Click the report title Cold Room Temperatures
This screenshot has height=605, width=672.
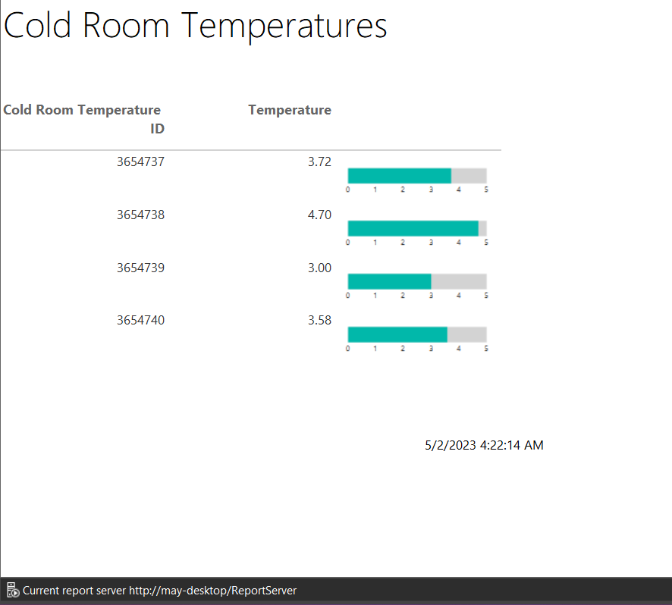pos(196,27)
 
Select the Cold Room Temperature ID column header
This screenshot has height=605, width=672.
pos(84,119)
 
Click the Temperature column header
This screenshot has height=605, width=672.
pos(290,110)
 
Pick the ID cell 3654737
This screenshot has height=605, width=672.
pos(140,162)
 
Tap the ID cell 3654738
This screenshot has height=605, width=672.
pos(140,215)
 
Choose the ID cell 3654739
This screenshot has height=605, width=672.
pos(140,268)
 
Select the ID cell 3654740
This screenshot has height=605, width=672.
pos(140,321)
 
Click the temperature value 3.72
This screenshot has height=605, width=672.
pos(320,162)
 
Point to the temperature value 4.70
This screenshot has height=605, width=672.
pos(320,215)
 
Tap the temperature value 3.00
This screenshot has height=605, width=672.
pos(320,268)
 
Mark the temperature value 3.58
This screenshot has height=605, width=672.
pos(320,321)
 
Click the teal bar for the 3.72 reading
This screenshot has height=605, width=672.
pos(400,176)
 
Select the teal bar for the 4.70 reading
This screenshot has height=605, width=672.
pos(413,228)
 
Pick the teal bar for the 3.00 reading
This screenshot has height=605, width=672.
pos(390,281)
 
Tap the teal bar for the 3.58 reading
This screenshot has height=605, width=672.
pos(397,334)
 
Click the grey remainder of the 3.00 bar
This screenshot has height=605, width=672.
pos(459,281)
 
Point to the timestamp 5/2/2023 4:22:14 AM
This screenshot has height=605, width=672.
pos(484,446)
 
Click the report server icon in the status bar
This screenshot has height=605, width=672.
pos(12,590)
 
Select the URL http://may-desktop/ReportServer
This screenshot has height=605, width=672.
pos(212,591)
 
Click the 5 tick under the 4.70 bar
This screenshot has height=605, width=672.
pos(486,243)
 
